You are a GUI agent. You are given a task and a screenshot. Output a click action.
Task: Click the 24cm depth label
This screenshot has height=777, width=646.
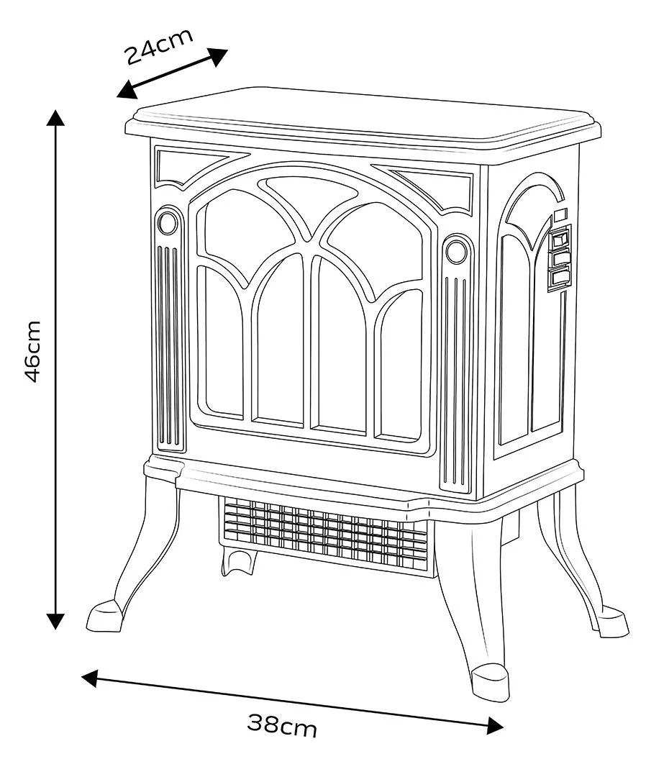coord(158,47)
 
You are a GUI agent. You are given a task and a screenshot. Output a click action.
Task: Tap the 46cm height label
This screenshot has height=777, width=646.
coord(32,351)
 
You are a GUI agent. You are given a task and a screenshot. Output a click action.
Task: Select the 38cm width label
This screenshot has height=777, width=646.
coord(281,726)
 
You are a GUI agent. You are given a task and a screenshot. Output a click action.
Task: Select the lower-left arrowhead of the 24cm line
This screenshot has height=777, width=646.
coord(127,90)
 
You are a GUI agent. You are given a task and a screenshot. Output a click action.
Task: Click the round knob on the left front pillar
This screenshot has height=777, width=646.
coord(168,223)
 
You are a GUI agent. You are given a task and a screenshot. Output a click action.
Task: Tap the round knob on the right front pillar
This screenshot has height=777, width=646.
coord(456,251)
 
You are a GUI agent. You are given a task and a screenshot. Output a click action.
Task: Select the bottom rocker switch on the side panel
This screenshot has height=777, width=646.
coord(558,278)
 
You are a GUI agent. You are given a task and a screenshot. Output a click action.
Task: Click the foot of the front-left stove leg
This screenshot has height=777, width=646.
coord(104,615)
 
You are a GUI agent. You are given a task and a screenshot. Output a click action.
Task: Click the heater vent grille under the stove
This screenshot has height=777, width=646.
coord(324,532)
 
